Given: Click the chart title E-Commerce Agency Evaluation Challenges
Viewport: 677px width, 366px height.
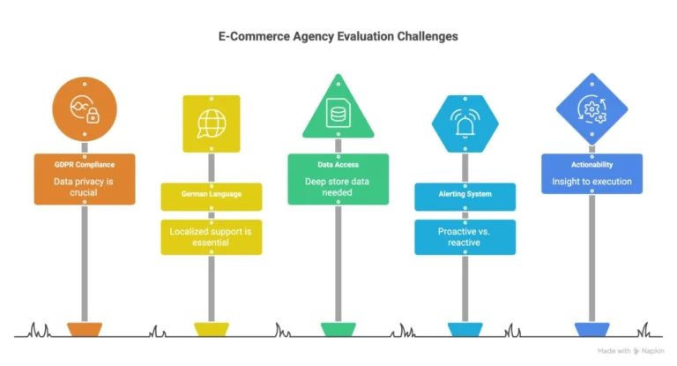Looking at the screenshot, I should click(x=338, y=36).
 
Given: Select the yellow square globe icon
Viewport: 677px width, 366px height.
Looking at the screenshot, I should click(x=211, y=122).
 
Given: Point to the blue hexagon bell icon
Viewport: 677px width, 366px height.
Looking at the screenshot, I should click(x=465, y=123).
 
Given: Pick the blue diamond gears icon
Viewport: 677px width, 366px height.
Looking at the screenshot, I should click(x=591, y=108).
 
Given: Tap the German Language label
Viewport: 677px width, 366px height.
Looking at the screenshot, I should click(x=212, y=192).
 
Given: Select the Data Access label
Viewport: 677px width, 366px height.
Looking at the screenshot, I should click(x=338, y=164).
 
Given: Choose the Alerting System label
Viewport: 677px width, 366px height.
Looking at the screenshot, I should click(x=465, y=193).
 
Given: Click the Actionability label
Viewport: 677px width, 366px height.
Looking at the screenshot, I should click(x=591, y=164).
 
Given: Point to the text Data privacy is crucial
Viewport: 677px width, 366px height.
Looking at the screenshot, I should click(x=85, y=187).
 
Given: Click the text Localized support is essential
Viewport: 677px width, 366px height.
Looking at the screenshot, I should click(x=212, y=237).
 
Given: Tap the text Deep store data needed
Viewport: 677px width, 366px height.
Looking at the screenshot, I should click(x=338, y=187).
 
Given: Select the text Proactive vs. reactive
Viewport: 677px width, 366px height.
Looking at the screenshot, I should click(x=465, y=237).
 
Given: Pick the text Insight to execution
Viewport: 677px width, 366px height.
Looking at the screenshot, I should click(x=591, y=182).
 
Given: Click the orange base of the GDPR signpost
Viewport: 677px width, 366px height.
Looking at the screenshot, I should click(x=85, y=329).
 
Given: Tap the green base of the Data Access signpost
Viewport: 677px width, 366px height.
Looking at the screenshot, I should click(x=338, y=329).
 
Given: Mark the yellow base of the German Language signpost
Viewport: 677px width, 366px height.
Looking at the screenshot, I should click(x=212, y=329).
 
